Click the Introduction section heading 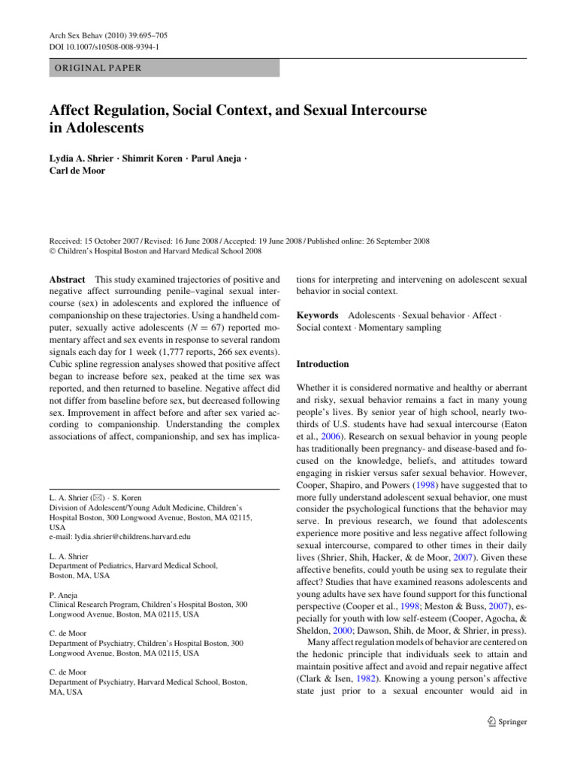[322, 364]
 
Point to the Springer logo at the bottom [505, 722]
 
